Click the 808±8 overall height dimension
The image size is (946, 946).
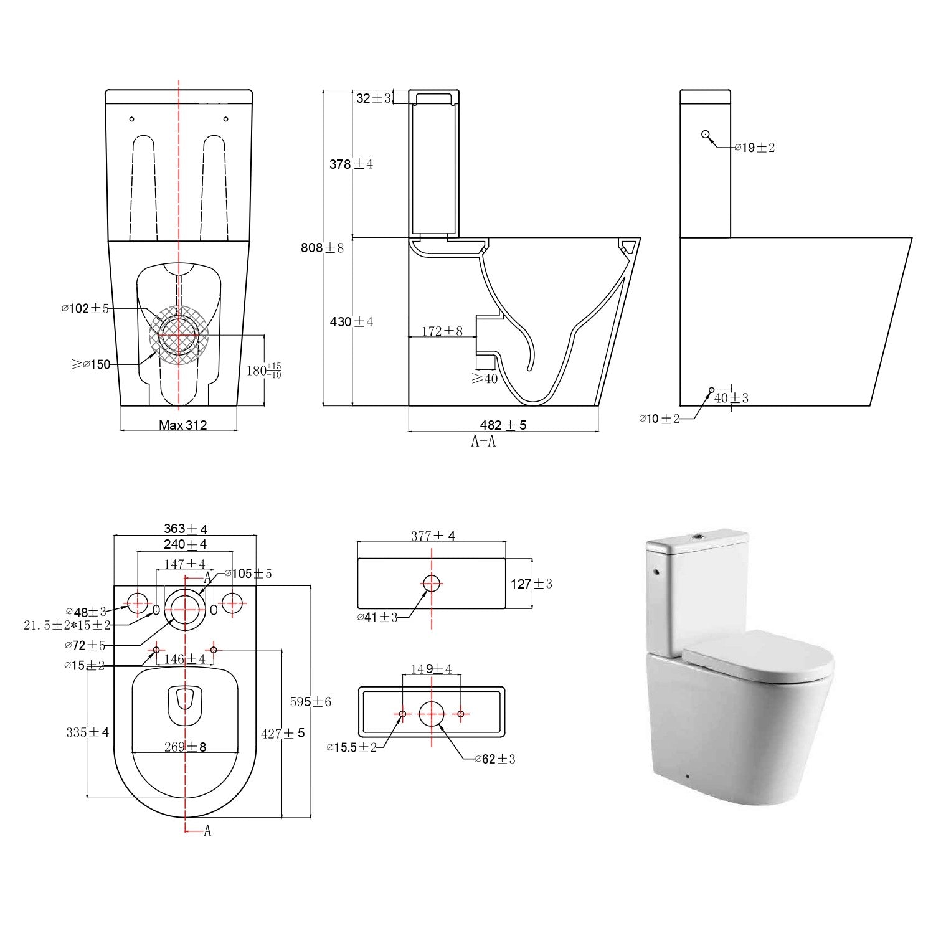(x=321, y=248)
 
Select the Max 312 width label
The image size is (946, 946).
(x=182, y=425)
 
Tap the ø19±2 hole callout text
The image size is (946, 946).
(x=754, y=148)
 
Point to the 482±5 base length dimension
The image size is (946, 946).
(x=503, y=425)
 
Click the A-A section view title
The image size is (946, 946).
(x=483, y=442)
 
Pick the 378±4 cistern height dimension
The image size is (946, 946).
(x=351, y=164)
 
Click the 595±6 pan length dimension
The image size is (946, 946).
(x=311, y=702)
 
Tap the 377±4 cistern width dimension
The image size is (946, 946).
(x=433, y=536)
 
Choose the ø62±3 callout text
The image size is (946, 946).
(x=495, y=759)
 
